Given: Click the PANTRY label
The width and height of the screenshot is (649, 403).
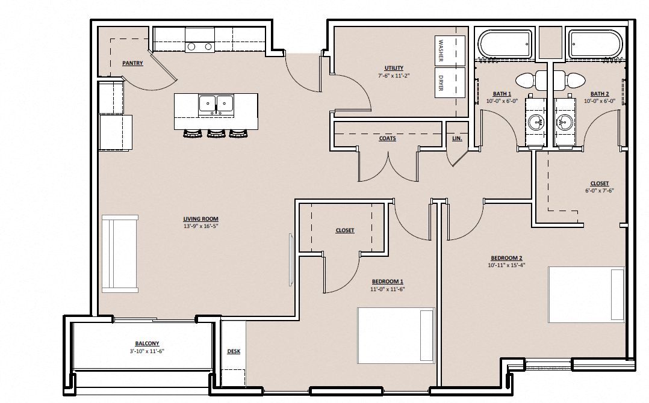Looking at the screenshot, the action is pyautogui.click(x=132, y=63).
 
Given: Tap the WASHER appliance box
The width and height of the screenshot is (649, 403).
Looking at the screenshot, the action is pyautogui.click(x=450, y=51).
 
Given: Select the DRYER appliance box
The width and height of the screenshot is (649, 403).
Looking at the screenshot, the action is pyautogui.click(x=450, y=82).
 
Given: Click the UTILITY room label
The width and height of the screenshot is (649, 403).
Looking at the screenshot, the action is pyautogui.click(x=394, y=68).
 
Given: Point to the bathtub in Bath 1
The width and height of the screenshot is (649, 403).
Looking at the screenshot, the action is pyautogui.click(x=505, y=45).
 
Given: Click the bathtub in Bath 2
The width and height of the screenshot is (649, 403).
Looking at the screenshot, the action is pyautogui.click(x=595, y=45).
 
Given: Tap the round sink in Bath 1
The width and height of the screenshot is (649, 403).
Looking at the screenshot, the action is pyautogui.click(x=537, y=122).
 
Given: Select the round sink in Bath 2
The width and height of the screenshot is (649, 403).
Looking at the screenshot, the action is pyautogui.click(x=565, y=122).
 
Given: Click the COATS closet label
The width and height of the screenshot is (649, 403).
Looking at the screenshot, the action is pyautogui.click(x=388, y=138).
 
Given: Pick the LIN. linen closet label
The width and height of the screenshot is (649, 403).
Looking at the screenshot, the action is pyautogui.click(x=457, y=138).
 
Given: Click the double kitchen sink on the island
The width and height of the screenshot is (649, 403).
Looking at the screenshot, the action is pyautogui.click(x=216, y=104).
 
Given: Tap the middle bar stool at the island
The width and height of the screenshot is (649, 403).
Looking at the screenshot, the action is pyautogui.click(x=216, y=133).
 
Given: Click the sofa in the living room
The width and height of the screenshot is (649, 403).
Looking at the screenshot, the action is pyautogui.click(x=120, y=254).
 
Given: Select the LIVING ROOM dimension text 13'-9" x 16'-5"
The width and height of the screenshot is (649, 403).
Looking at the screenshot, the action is pyautogui.click(x=200, y=226).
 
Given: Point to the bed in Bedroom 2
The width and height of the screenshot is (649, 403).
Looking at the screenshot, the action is pyautogui.click(x=586, y=295).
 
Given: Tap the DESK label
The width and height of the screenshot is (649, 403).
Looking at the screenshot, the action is pyautogui.click(x=234, y=351).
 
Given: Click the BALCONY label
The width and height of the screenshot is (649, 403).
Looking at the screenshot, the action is pyautogui.click(x=147, y=343).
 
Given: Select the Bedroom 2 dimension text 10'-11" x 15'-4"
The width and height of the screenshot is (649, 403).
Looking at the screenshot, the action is pyautogui.click(x=506, y=265).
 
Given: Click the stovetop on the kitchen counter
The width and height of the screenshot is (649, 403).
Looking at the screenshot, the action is pyautogui.click(x=199, y=47).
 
